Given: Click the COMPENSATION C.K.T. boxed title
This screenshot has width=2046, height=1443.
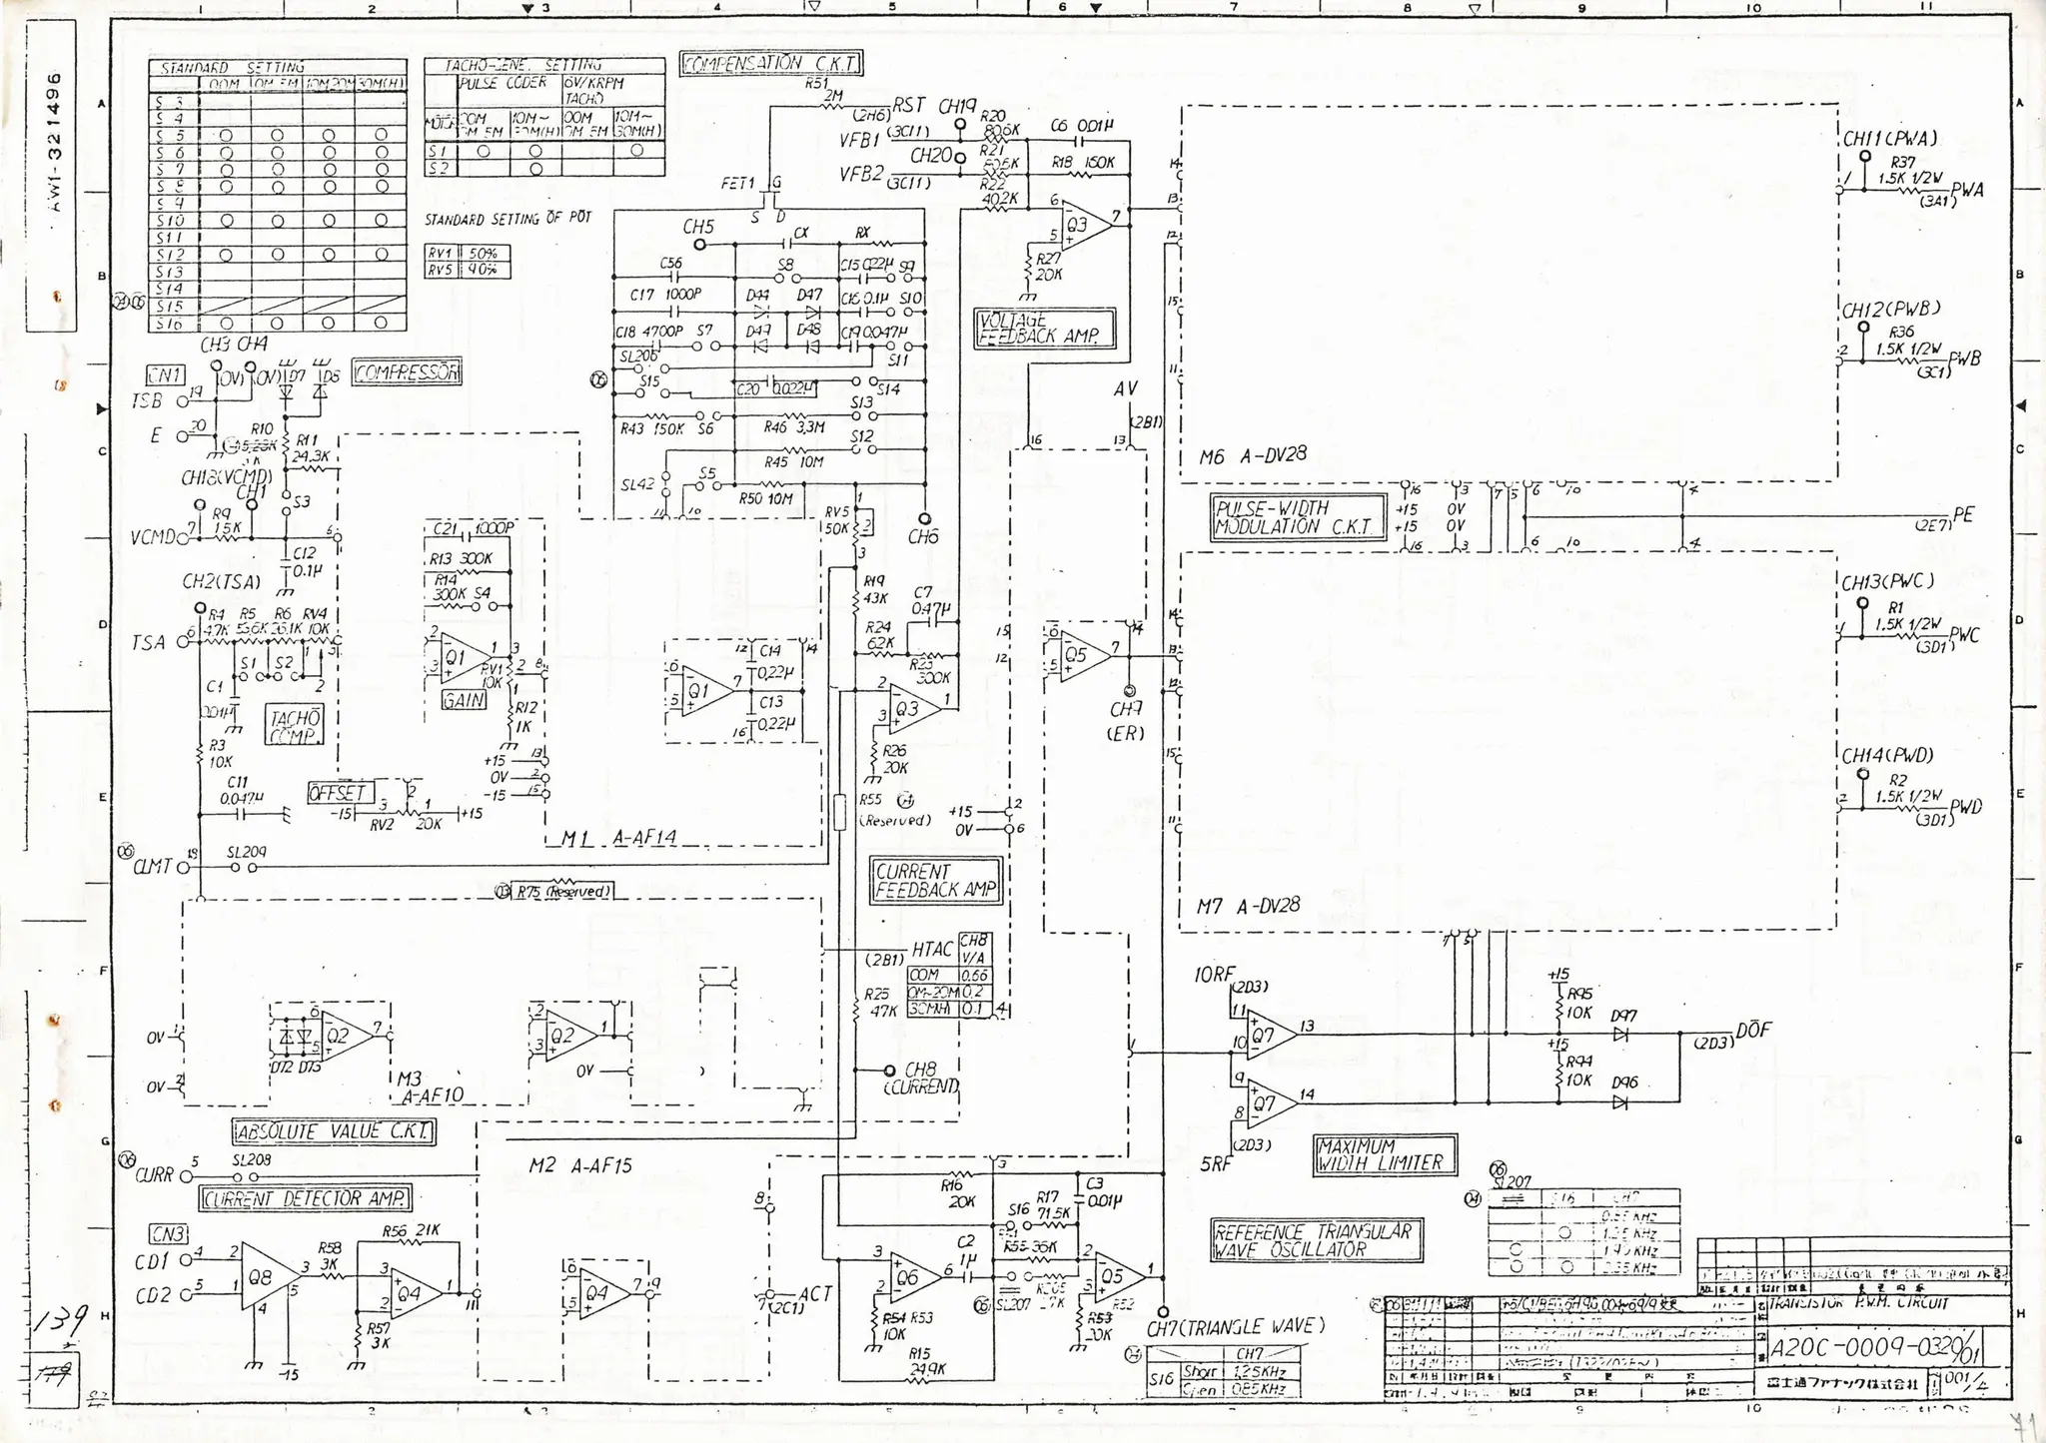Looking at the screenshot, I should [770, 64].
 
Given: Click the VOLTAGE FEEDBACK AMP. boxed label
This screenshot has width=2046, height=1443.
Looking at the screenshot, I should [1043, 329].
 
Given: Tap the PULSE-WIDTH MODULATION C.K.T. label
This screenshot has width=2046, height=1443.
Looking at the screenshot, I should [1299, 517].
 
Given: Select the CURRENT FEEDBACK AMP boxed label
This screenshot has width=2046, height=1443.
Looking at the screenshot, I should [935, 881].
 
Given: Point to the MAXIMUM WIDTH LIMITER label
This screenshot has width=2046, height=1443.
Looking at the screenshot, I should [1384, 1154].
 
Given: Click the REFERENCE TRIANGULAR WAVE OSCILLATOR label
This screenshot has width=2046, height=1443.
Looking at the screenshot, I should [1316, 1241].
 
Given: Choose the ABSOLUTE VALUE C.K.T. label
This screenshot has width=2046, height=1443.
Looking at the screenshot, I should [335, 1131].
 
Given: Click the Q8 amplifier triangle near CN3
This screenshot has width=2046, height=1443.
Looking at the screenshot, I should [266, 1276].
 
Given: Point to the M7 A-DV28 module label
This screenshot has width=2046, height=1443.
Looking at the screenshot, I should [1248, 906].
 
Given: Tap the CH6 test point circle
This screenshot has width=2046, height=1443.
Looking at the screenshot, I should [924, 519].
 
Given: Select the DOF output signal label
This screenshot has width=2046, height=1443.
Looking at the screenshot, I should [1753, 1030].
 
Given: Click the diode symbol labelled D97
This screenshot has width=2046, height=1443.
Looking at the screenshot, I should [1620, 1036].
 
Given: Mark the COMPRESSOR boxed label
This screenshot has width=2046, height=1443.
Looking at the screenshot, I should [407, 372].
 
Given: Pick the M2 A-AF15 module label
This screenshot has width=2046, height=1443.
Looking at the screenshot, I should [579, 1165].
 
